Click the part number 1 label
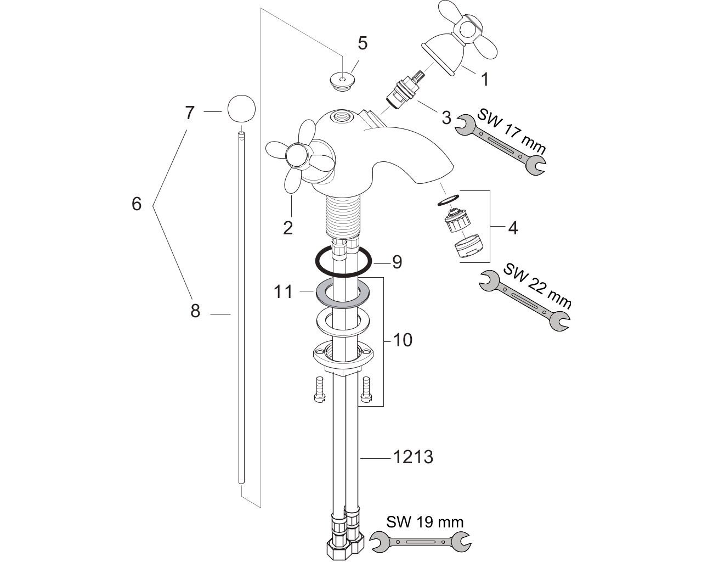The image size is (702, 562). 485,80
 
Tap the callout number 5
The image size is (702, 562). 363,43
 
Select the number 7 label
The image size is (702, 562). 190,113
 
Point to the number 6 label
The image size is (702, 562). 137,204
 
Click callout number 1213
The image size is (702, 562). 414,457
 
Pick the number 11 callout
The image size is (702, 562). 283,291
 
